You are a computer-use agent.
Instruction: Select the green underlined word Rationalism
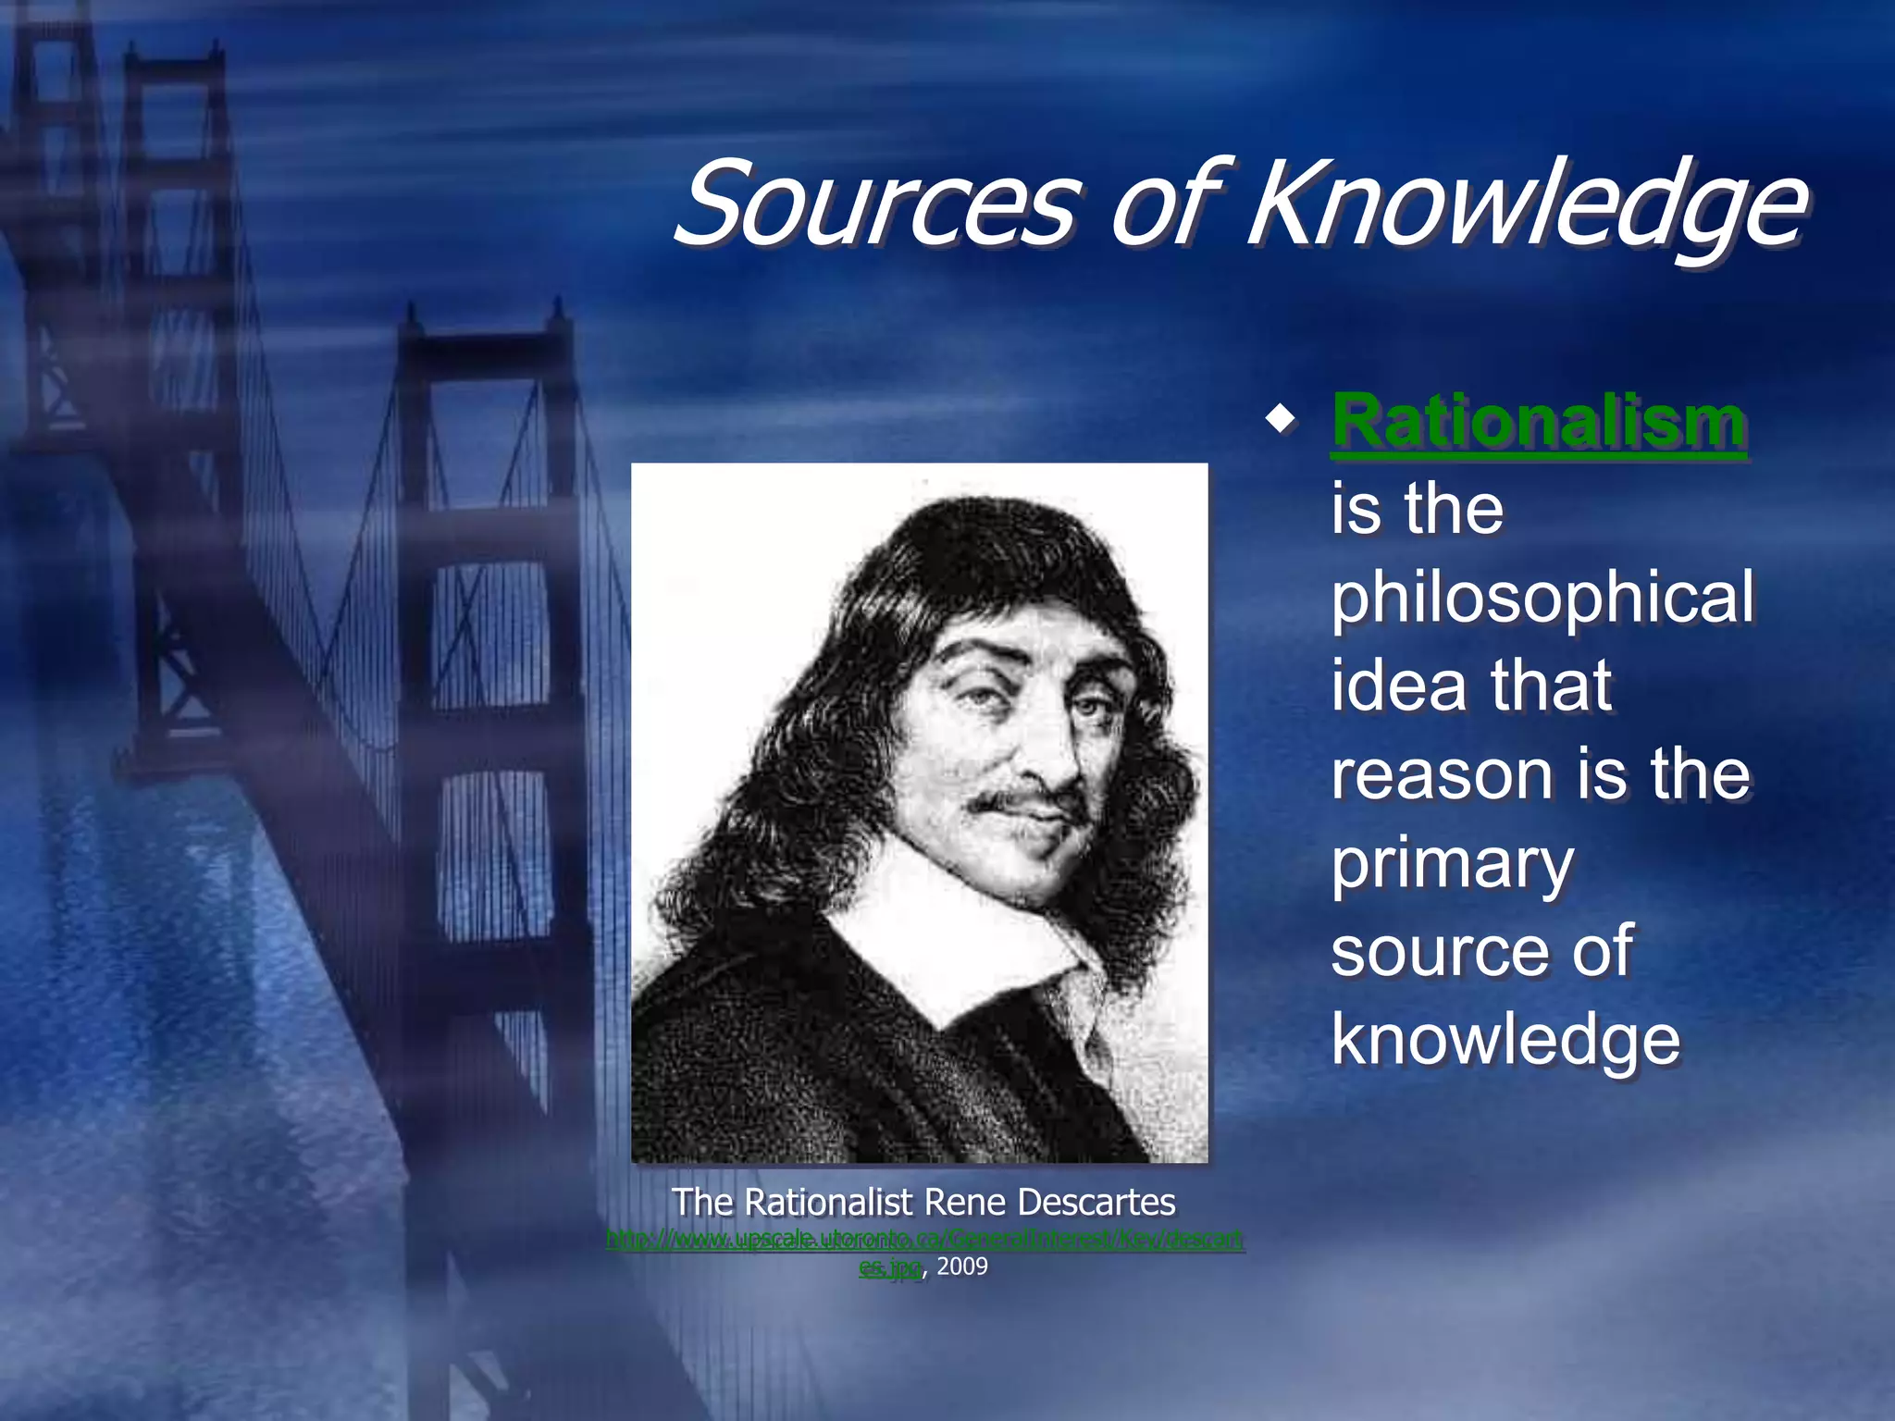point(1538,423)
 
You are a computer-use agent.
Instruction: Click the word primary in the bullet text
point(1453,864)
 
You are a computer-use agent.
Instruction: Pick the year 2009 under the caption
point(962,1267)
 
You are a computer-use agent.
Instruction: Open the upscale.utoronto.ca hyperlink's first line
point(925,1239)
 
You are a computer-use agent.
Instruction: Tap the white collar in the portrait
point(953,934)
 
